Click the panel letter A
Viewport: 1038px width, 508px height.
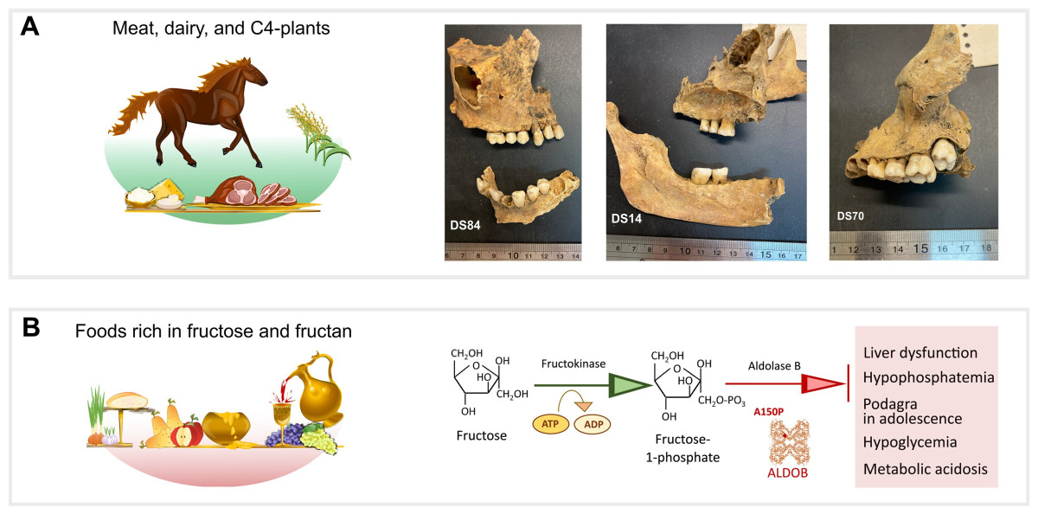[30, 27]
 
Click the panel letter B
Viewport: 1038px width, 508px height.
[30, 330]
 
